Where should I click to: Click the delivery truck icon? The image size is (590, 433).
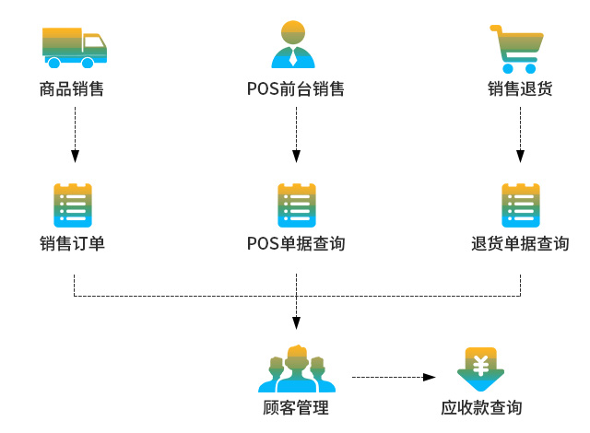[x=75, y=48]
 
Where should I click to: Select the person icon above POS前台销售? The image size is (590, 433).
[x=293, y=46]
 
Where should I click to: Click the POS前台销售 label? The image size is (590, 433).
[x=296, y=90]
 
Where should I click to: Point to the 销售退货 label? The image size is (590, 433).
[x=520, y=90]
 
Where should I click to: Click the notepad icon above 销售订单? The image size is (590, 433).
[x=74, y=205]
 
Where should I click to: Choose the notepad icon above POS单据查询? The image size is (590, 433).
[x=297, y=205]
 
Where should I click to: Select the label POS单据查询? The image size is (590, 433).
[x=296, y=244]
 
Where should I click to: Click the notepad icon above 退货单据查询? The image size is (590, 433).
[x=520, y=205]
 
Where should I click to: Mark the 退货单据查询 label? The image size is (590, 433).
[x=520, y=244]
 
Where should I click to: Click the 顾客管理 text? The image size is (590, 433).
[x=296, y=408]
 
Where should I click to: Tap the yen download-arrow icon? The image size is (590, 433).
[x=480, y=369]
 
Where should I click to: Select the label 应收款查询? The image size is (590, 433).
[x=480, y=408]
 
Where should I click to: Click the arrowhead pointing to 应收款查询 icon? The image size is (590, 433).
[x=429, y=377]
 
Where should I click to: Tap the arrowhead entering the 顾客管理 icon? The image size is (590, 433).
[x=296, y=322]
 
